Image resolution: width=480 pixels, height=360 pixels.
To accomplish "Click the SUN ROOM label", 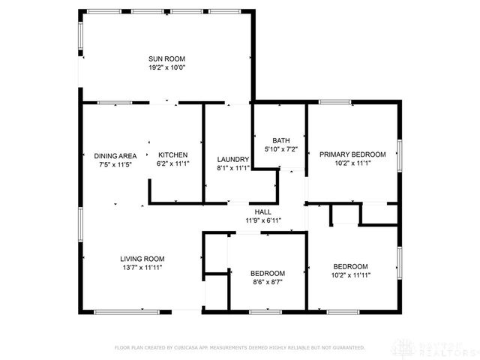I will click(166, 58).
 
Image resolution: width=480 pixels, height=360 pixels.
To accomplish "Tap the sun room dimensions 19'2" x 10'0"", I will click(166, 67).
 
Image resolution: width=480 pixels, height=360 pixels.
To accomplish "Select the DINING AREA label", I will click(115, 155).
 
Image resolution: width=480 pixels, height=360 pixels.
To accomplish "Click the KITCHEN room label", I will click(172, 155).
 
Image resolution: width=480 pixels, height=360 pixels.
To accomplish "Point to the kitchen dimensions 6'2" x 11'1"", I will click(172, 163).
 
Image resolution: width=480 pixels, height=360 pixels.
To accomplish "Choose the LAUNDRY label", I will click(232, 160).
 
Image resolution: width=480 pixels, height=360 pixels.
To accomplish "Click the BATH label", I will click(280, 141).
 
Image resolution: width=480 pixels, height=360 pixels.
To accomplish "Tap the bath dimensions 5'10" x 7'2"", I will click(280, 149).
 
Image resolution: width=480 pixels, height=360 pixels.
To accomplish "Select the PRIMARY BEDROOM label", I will click(352, 154).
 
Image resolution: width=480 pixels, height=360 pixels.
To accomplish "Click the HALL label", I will click(263, 212).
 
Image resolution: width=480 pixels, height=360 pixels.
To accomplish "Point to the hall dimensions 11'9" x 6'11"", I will click(263, 220).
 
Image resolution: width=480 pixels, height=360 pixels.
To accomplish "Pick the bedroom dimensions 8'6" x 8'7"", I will click(268, 281).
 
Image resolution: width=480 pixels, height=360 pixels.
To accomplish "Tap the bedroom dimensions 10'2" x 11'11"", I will click(350, 274).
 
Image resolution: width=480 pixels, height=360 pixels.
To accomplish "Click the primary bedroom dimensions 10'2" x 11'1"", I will click(352, 163).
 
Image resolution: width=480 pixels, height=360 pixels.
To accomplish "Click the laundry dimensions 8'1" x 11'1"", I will click(232, 168).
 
